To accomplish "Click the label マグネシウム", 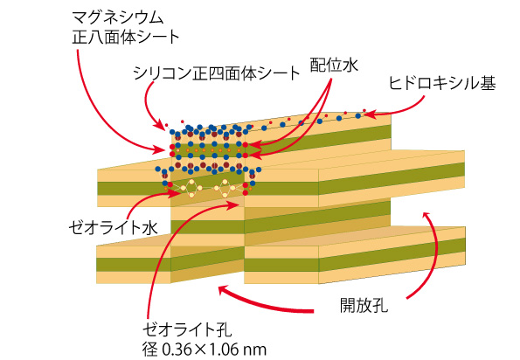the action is pyautogui.click(x=118, y=17).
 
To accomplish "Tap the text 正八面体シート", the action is pyautogui.click(x=126, y=37).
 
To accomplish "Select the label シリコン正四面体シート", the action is pyautogui.click(x=217, y=73).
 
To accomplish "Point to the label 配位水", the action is pyautogui.click(x=334, y=65).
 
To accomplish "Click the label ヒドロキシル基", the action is pyautogui.click(x=442, y=83).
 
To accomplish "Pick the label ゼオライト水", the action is pyautogui.click(x=113, y=228).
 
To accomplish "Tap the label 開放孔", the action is pyautogui.click(x=364, y=305).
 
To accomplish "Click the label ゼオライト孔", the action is pyautogui.click(x=188, y=329).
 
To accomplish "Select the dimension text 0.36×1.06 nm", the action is pyautogui.click(x=214, y=350).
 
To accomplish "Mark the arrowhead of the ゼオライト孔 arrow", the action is pyautogui.click(x=234, y=204).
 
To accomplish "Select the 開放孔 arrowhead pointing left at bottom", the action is pyautogui.click(x=223, y=290).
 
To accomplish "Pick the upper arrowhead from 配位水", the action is pyautogui.click(x=254, y=144).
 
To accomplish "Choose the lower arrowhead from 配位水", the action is pyautogui.click(x=254, y=154).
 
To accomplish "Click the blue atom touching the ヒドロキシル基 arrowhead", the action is pyautogui.click(x=358, y=115).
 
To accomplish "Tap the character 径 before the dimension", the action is pyautogui.click(x=150, y=350).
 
